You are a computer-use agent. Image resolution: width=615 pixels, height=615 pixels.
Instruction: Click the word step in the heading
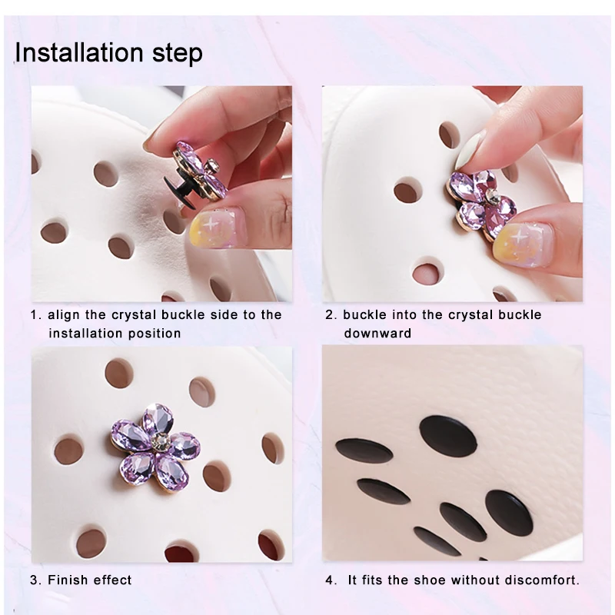point(179,55)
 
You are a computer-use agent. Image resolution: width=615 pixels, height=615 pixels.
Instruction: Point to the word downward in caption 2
point(377,334)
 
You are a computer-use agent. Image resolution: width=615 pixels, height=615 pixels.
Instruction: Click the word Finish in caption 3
point(68,580)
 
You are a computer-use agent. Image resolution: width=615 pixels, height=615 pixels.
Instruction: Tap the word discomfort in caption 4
point(548,580)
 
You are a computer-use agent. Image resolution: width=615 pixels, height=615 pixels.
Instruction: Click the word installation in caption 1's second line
point(85,334)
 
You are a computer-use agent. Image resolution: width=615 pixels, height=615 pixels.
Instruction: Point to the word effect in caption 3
point(112,580)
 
